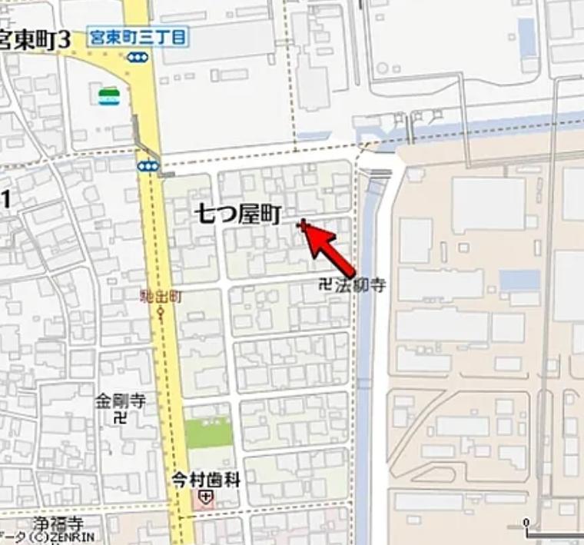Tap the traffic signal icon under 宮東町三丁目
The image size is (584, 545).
138,56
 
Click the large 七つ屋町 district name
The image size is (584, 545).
237,214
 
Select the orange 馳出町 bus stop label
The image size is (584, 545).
161,296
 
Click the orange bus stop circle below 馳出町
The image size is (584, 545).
161,312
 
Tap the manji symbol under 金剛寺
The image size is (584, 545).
119,419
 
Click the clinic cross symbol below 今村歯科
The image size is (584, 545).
204,498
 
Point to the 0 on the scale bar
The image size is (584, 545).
527,523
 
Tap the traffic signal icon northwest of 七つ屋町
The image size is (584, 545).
149,165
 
